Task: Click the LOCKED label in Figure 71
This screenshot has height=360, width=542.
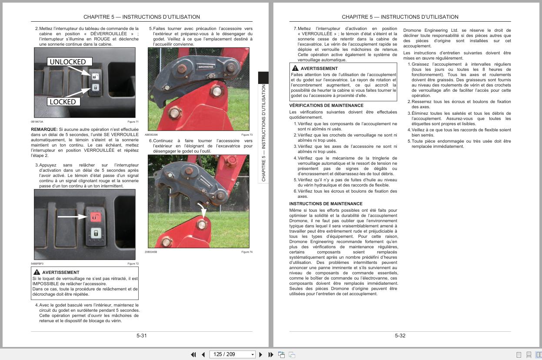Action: (63, 102)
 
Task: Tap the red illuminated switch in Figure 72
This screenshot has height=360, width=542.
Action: (95, 215)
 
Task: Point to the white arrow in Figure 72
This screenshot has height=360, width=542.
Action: (72, 216)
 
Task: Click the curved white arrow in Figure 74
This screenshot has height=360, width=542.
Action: (201, 208)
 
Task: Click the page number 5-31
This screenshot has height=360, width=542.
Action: (141, 336)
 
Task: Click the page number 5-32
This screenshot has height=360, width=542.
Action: (400, 336)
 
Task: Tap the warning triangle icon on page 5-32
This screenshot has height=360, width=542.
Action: (295, 68)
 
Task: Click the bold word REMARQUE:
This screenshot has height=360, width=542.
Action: (44, 130)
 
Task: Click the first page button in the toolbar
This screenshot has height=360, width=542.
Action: (193, 354)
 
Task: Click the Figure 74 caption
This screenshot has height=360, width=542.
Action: (247, 252)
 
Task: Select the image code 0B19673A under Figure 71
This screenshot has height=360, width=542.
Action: (37, 122)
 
